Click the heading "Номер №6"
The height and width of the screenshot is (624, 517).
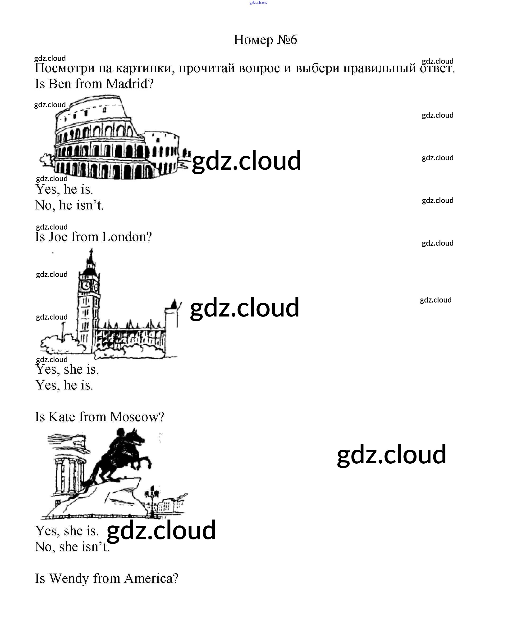(x=265, y=40)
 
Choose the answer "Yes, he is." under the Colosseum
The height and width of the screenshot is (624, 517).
(x=64, y=190)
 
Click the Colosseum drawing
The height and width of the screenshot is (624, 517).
(x=113, y=140)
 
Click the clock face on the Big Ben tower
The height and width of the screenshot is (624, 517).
(x=86, y=285)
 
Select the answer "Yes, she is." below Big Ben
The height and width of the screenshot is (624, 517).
(x=67, y=370)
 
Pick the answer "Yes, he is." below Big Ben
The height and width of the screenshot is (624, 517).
(x=64, y=385)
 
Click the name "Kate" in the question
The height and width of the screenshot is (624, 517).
(x=62, y=417)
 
